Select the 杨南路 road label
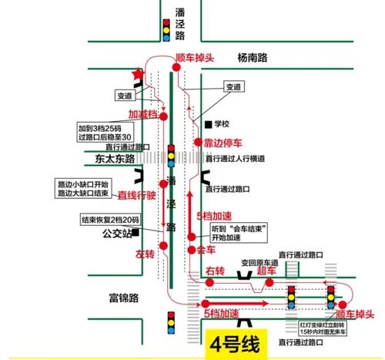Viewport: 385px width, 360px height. tap(253, 57)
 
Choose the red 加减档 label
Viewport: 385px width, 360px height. tap(142, 114)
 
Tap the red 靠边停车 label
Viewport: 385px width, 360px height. tap(223, 143)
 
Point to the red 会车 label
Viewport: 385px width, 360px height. tap(206, 251)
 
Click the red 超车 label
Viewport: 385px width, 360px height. tap(266, 270)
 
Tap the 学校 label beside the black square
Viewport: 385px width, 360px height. tap(223, 123)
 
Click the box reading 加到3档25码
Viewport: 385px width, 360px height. tap(105, 133)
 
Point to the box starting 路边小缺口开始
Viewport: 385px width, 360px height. tap(84, 189)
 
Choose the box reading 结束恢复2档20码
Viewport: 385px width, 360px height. tap(108, 219)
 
